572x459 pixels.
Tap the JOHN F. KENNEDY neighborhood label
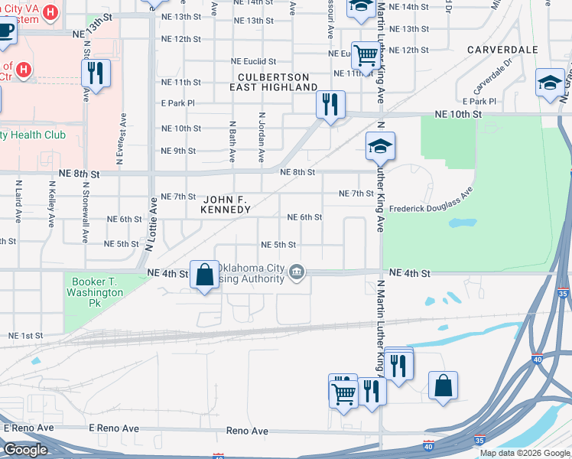[x=225, y=203]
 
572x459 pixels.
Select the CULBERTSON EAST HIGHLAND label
[x=273, y=83]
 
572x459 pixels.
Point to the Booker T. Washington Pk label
[x=95, y=287]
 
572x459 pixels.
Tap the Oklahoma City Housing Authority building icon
[x=297, y=272]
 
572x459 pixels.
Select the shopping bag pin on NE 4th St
[x=205, y=275]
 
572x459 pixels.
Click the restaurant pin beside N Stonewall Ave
[x=96, y=73]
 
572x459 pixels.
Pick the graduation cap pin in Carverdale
[x=550, y=83]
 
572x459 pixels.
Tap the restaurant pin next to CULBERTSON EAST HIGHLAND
[x=330, y=104]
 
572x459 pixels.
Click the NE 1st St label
[x=26, y=336]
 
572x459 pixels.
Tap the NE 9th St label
[x=179, y=151]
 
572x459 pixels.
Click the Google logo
[x=24, y=450]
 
